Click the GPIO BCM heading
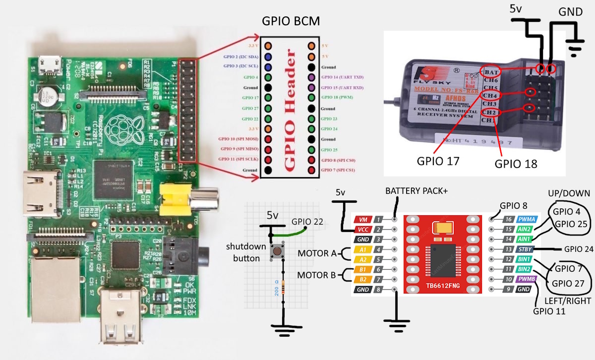pos(291,22)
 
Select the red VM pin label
pos(363,219)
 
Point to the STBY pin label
pos(525,249)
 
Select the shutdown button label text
pos(243,252)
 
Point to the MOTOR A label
pos(317,253)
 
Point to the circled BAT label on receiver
pos(490,70)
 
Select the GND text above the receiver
pos(570,11)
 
